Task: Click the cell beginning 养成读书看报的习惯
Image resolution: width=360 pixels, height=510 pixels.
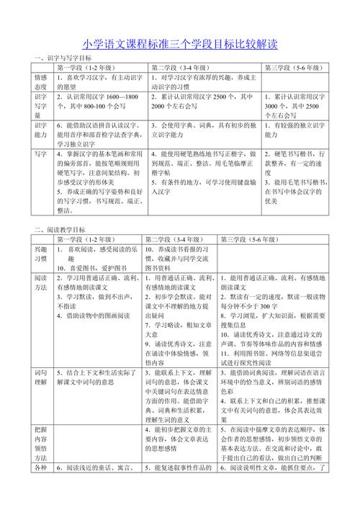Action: [x=179, y=254]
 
